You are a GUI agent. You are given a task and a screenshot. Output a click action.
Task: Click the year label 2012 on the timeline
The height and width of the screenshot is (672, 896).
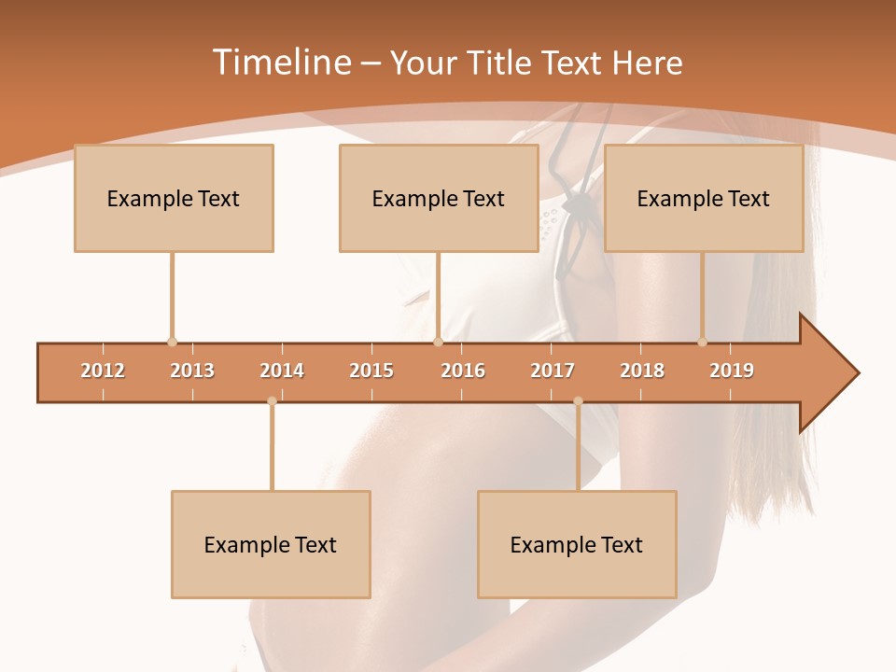coord(103,371)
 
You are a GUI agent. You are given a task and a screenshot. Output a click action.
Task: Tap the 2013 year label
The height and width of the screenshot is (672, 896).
coord(192,371)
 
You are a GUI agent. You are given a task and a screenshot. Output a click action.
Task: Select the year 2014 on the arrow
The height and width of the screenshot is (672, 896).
coord(282,371)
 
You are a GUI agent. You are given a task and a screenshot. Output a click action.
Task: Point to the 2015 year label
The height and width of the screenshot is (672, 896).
coord(371,371)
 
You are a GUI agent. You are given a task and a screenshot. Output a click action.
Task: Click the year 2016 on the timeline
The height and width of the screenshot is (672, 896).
coord(463,371)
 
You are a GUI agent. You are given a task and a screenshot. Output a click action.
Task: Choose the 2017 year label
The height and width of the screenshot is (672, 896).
coord(553,371)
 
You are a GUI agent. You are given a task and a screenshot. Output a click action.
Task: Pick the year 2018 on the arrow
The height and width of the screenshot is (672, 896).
coord(642,371)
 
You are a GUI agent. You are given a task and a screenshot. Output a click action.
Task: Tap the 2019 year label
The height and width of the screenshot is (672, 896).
coord(732,371)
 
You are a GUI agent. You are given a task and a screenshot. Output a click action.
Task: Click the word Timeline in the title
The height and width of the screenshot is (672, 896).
coord(280,63)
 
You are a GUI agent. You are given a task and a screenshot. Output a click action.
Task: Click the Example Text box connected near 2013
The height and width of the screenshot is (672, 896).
coord(174,198)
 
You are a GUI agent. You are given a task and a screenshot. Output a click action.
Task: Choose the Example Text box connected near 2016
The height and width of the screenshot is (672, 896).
coord(439,198)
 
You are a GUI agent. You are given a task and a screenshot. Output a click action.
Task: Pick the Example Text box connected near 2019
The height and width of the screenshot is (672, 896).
coord(704,198)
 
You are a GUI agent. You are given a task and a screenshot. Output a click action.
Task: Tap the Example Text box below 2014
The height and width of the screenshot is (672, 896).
coord(271,544)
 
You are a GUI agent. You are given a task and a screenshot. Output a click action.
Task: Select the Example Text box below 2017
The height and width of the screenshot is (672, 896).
coord(577,544)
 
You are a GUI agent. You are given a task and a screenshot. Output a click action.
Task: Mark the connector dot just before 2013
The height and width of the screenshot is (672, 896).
coord(172,343)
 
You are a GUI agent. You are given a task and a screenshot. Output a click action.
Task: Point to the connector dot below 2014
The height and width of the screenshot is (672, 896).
coord(272,401)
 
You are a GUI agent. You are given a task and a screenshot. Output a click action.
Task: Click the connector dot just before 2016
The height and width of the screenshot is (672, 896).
coord(438,343)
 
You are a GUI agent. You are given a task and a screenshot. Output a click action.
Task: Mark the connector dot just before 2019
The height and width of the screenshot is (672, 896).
coord(702,343)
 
